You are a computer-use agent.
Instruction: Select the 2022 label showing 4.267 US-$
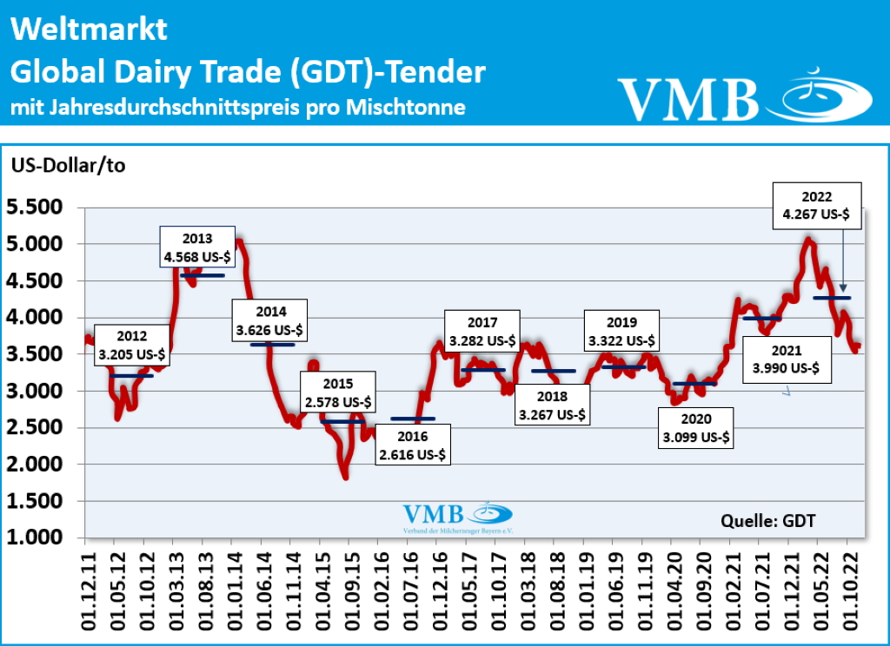click(818, 205)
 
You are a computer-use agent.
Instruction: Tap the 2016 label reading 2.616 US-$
click(414, 444)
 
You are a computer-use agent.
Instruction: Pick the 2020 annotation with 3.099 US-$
click(696, 428)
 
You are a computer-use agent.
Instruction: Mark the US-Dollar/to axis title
click(68, 166)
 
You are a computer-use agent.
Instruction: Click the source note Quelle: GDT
click(768, 521)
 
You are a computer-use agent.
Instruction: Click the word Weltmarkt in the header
click(89, 31)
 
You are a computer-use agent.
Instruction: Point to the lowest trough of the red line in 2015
click(345, 477)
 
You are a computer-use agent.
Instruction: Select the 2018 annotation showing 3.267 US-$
click(553, 405)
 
